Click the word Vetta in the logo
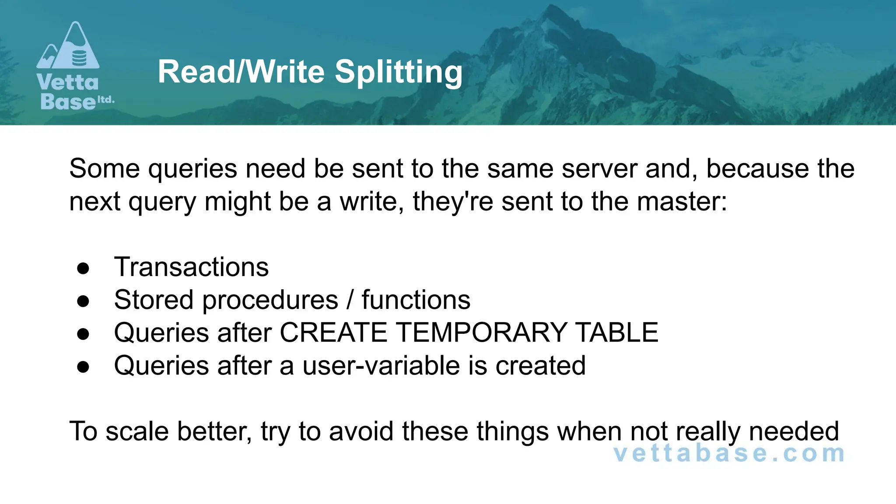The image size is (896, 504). pos(68,83)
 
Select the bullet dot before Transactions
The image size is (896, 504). pos(83,268)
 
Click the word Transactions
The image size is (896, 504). pos(191,267)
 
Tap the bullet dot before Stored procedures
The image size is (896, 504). pos(83,301)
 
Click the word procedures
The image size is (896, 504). pos(270,301)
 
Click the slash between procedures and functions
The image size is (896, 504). pos(350,300)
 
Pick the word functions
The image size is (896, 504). pos(416,300)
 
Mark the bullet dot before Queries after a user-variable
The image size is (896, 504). pos(83,367)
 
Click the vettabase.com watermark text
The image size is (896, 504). pos(729,453)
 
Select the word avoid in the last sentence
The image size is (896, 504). pos(361,431)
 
